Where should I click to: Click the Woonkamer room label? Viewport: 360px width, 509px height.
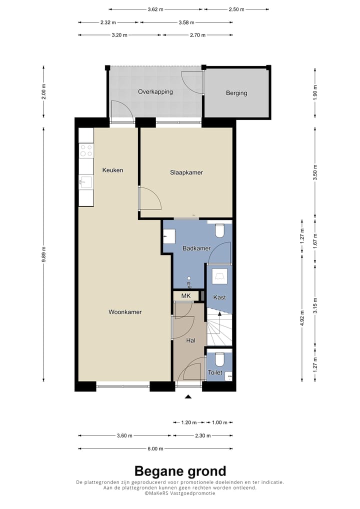tap(125, 312)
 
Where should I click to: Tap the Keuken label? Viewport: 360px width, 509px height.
tap(112, 170)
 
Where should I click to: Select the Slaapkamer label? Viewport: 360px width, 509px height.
tap(185, 172)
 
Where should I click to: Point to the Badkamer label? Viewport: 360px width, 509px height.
tap(196, 248)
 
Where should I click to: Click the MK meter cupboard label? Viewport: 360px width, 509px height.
tap(186, 296)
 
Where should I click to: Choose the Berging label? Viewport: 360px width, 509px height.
tap(236, 93)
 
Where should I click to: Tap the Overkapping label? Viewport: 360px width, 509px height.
tap(155, 92)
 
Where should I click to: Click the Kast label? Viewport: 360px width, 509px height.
tap(219, 297)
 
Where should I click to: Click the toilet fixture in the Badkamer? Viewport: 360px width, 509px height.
tap(219, 231)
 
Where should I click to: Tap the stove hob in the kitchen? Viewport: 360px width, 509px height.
tap(86, 151)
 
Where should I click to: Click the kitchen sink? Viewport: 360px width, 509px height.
tap(85, 181)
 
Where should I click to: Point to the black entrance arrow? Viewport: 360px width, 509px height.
tap(188, 397)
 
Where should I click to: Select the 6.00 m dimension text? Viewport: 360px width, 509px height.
tap(156, 448)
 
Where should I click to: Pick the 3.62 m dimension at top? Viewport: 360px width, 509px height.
tap(156, 9)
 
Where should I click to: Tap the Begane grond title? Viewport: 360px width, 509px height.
tap(180, 471)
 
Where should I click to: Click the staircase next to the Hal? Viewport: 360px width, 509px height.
tap(219, 327)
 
